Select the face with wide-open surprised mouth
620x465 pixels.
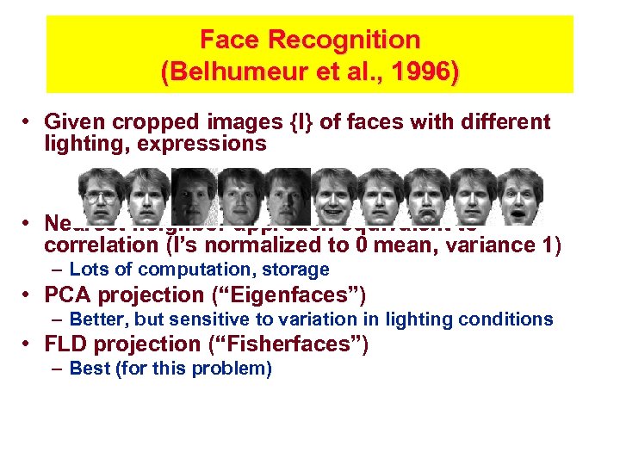tap(519, 197)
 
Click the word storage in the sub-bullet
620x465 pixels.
tap(296, 270)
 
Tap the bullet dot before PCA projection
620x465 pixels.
tap(29, 294)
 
